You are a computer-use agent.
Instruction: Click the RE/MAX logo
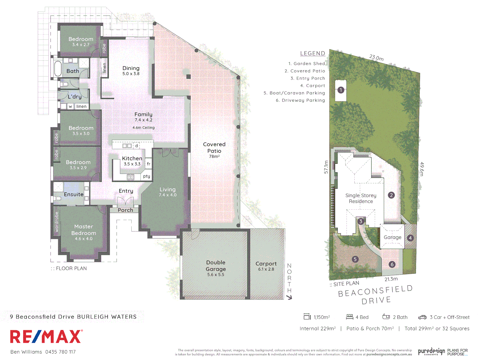(x=46, y=336)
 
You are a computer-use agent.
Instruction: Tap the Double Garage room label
(x=216, y=268)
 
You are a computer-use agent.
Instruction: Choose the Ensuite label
(x=73, y=194)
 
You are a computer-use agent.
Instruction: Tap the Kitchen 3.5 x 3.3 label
(x=132, y=161)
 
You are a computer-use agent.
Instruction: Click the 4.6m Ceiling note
(x=143, y=128)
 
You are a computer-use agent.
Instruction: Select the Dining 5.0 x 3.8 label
(x=131, y=70)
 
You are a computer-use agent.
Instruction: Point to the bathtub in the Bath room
(x=58, y=68)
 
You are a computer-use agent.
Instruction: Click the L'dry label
(x=74, y=97)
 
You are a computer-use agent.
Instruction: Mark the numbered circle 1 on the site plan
(x=341, y=90)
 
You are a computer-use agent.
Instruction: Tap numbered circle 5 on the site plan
(x=355, y=259)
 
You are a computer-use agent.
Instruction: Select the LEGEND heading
(x=313, y=53)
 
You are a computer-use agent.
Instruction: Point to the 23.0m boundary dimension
(x=376, y=58)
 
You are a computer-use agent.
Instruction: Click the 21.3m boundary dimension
(x=391, y=279)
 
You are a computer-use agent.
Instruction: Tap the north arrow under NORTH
(x=289, y=297)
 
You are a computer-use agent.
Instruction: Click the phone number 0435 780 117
(x=61, y=352)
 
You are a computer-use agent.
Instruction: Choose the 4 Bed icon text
(x=362, y=317)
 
